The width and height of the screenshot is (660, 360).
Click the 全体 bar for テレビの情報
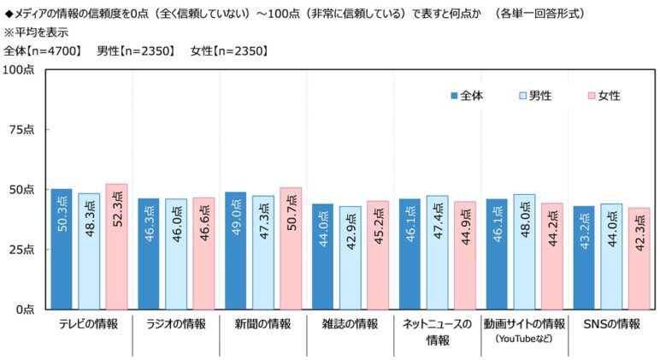click(61, 249)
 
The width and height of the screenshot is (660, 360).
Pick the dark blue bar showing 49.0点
click(235, 251)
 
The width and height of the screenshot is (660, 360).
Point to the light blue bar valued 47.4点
click(437, 252)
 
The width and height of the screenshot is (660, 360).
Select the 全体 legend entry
click(466, 96)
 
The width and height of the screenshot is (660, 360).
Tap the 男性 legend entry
click(534, 96)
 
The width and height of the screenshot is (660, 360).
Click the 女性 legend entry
click(603, 96)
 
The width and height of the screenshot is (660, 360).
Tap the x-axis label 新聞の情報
click(262, 324)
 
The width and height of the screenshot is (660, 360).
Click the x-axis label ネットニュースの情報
click(437, 332)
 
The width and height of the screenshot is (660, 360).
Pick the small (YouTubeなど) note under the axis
click(524, 339)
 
